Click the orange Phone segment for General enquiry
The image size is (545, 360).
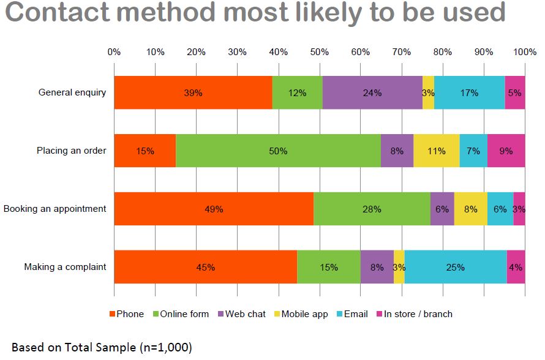coord(193,93)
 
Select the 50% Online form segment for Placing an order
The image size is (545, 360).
coord(278,151)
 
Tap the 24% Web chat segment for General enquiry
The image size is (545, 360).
coord(372,93)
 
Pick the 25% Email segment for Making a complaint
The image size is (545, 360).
coord(455,267)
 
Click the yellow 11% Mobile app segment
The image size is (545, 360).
coord(436,151)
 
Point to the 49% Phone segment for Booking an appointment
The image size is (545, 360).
coord(214,209)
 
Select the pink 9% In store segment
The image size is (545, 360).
coord(506,151)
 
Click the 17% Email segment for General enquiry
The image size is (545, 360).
coord(469,93)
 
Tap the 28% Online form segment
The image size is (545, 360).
coord(372,209)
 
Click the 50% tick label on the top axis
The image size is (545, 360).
coord(319,52)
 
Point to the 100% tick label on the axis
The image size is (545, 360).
coord(525,52)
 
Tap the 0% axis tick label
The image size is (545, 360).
coord(114,52)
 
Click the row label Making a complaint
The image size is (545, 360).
coord(65,267)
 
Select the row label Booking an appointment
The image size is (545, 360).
coord(55,209)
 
